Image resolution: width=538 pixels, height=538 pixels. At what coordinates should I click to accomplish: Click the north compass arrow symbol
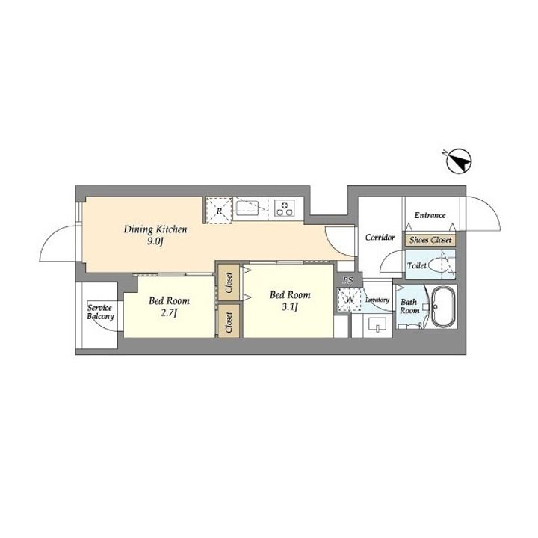460,161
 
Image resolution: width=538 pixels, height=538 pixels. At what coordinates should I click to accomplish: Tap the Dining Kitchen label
155,229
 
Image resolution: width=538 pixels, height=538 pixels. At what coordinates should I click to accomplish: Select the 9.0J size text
155,242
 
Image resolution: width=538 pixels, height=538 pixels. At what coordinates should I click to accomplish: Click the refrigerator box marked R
219,211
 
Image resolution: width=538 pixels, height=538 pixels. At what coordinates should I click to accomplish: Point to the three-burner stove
285,208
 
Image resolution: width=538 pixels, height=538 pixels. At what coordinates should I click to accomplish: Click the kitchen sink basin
247,208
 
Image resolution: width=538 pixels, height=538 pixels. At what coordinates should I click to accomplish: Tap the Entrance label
430,215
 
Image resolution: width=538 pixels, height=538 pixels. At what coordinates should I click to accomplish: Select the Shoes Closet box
430,240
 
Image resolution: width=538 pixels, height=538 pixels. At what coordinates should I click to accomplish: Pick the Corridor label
380,238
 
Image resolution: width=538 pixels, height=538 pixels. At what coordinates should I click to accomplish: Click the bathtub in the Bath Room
443,307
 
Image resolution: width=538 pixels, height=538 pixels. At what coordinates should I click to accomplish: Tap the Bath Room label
409,306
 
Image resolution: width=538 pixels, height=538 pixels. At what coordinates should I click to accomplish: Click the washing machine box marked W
349,300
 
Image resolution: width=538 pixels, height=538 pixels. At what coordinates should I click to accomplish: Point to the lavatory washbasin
377,324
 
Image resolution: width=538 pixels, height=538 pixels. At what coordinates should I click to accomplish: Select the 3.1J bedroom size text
290,307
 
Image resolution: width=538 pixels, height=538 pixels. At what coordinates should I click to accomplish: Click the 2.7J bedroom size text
169,313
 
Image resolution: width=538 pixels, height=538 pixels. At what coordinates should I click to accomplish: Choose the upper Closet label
229,282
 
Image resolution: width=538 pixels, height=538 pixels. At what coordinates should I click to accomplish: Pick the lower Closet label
229,322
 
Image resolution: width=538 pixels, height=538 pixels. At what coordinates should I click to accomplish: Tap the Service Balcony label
100,312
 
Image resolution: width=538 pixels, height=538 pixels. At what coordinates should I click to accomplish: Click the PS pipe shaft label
348,281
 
